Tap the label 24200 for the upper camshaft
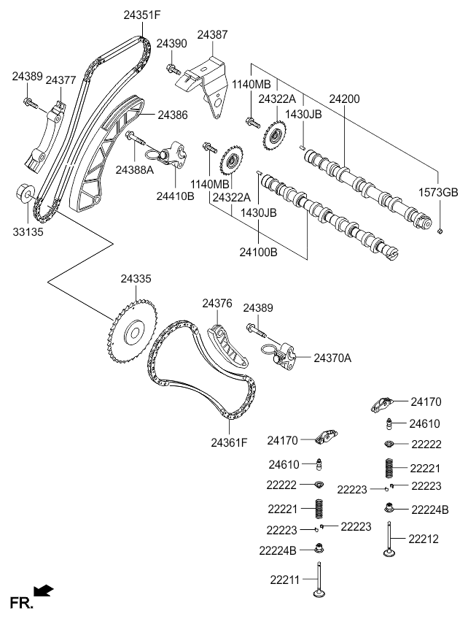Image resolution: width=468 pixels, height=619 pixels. point(344,97)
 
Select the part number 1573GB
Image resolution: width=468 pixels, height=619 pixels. point(440,193)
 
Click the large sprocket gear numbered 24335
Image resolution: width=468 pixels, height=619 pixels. point(132,334)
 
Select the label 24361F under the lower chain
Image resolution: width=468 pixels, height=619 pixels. point(230,442)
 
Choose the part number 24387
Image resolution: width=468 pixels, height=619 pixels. point(211,34)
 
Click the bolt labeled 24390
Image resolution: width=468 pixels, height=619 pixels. point(173,70)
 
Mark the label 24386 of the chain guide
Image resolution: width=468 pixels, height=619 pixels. point(172,115)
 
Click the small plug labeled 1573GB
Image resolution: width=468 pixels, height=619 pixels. point(440,231)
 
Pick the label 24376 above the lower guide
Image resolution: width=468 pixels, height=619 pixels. point(217,303)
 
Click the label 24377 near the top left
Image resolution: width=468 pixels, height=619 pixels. point(61,80)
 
